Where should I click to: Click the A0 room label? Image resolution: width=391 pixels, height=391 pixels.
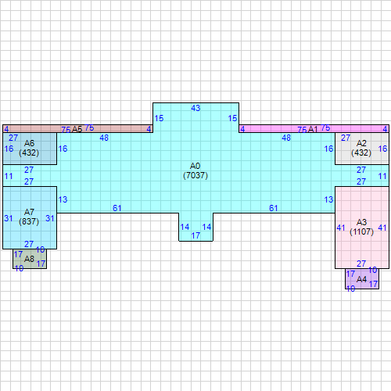[195, 166]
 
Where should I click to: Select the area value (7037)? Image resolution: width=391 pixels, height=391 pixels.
[195, 176]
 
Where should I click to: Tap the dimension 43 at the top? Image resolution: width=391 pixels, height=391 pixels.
[195, 107]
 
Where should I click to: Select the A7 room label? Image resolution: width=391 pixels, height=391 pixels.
[29, 212]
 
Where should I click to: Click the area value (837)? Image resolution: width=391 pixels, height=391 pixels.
[29, 222]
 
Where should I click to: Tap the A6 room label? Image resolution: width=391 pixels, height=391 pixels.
[29, 143]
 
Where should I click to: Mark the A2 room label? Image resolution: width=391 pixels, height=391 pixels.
[361, 143]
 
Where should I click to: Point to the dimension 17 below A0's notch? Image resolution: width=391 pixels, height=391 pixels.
[195, 235]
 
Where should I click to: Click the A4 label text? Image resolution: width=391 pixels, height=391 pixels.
[361, 279]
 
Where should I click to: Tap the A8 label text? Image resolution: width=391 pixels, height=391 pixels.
[29, 259]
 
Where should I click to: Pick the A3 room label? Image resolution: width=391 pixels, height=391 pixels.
[361, 222]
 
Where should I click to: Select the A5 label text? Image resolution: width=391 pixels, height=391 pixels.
[77, 128]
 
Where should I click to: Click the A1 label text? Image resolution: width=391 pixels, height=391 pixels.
[313, 128]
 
